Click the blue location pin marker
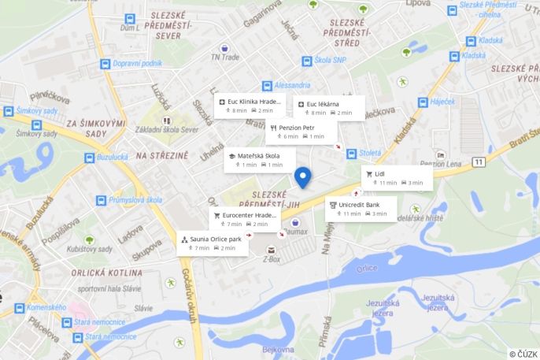point(303,178)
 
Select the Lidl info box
point(397,178)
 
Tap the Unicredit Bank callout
point(361,209)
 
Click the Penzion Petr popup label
point(298,131)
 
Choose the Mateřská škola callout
point(257,160)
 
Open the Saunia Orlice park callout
point(213,243)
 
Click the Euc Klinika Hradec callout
point(248,106)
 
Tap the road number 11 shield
point(479,161)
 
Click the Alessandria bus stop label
point(292,85)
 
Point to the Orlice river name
point(367,269)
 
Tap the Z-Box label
point(272,258)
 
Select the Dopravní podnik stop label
point(136,63)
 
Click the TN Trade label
point(224,57)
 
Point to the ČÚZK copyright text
point(523,354)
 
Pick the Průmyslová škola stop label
point(136,200)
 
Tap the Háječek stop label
point(442,102)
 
